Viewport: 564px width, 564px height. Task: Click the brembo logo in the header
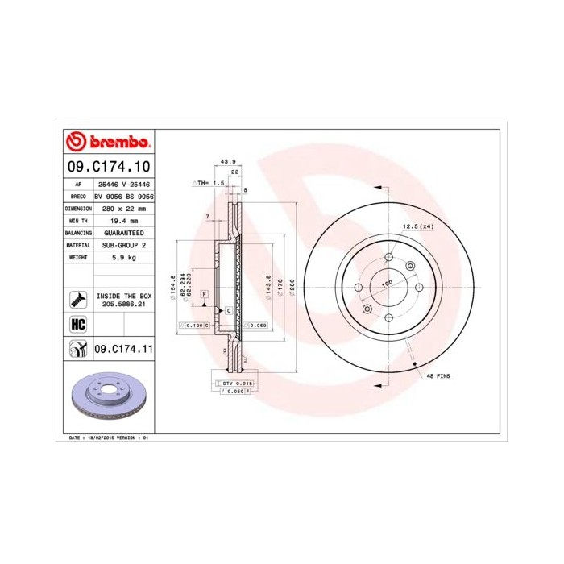click(108, 142)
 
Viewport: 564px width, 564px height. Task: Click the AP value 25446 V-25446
click(124, 185)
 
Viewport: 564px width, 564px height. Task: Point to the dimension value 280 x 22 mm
click(124, 208)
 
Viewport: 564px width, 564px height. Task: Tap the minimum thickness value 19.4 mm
click(124, 220)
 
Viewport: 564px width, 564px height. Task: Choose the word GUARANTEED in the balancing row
click(124, 232)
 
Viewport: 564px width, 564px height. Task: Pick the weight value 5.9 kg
click(124, 257)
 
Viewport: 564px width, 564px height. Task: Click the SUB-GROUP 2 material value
click(124, 244)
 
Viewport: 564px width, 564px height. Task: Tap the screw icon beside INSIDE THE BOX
click(78, 300)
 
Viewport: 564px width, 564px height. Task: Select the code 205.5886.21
click(124, 305)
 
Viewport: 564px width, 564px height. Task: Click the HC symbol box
click(78, 324)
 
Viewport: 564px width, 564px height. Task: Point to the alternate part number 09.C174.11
click(124, 349)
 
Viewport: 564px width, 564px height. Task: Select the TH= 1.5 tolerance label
click(209, 183)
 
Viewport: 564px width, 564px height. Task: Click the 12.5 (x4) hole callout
click(418, 226)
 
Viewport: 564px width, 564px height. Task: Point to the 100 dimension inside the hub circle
click(387, 283)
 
